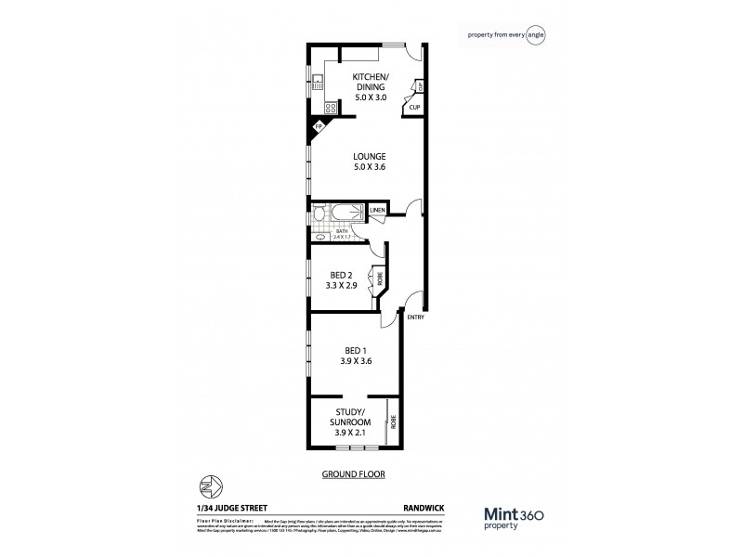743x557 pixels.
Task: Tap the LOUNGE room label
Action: click(x=370, y=162)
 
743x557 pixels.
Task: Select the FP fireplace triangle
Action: click(x=318, y=127)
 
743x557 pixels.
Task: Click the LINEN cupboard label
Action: click(x=377, y=212)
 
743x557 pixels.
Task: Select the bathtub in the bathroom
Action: click(x=339, y=214)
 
